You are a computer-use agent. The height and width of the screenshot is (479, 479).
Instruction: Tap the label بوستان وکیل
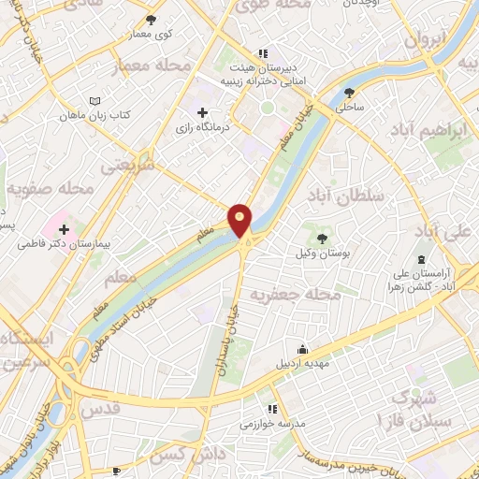[323, 254]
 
